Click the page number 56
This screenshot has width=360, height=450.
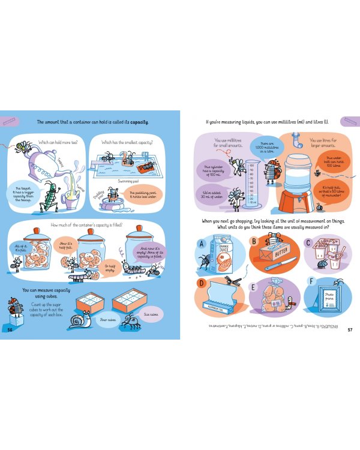pos(10,329)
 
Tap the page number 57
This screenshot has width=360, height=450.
pos(350,329)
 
